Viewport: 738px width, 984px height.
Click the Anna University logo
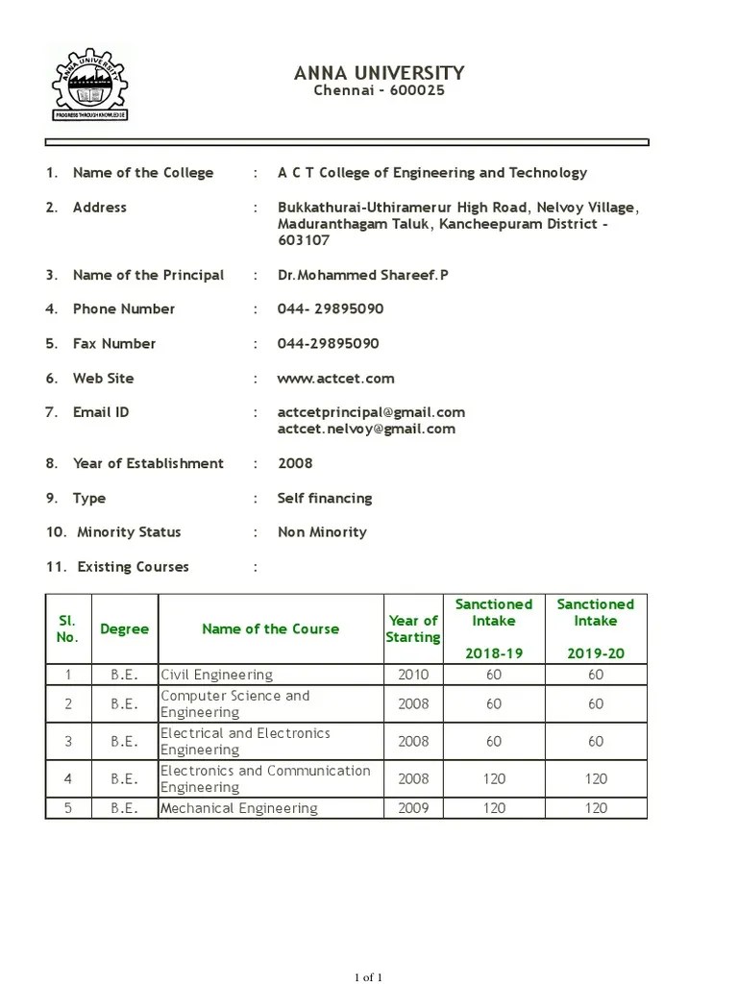[89, 85]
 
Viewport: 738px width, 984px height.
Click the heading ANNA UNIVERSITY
[379, 73]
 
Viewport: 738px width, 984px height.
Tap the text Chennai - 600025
[380, 91]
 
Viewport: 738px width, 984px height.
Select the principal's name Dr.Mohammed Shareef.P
[362, 275]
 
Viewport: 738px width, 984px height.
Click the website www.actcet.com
[335, 379]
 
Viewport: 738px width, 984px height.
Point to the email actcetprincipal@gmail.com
[371, 412]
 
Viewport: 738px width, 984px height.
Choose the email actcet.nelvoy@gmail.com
[366, 429]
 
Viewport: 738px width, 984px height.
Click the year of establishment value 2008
[295, 463]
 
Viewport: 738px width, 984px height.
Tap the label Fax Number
[113, 343]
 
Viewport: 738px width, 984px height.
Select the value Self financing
[324, 498]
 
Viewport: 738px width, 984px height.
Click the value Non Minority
[322, 531]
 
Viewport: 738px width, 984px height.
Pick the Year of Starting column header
[412, 628]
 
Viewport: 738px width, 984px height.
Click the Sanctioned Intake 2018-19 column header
[493, 628]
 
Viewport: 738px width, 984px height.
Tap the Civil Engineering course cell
[216, 675]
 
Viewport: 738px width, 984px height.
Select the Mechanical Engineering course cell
[238, 808]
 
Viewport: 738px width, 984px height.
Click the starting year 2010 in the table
[413, 675]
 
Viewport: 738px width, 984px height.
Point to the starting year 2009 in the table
[413, 808]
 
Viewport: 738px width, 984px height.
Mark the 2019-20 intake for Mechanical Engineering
[596, 808]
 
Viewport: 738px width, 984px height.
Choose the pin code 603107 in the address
[304, 241]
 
